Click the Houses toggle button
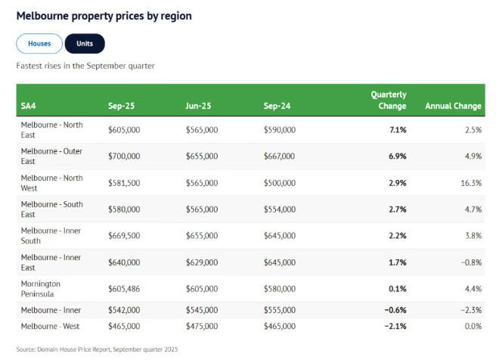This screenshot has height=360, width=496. click(x=39, y=44)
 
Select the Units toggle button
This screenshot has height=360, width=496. click(x=85, y=44)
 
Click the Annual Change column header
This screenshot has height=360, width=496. click(x=453, y=106)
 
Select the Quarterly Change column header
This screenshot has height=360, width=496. click(x=388, y=101)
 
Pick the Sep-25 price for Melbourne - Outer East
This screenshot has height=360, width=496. click(x=124, y=157)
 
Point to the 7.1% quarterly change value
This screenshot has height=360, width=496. click(x=398, y=130)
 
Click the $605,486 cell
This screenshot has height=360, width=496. click(x=125, y=288)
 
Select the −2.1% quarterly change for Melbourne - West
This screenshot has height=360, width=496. click(x=395, y=326)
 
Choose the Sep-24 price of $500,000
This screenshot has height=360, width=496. click(x=280, y=183)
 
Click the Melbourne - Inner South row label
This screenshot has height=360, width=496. click(x=51, y=235)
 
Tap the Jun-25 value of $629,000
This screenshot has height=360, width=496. click(x=202, y=262)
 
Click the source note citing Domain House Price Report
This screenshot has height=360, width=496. click(x=97, y=349)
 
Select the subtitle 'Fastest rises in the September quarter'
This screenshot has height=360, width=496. click(x=85, y=66)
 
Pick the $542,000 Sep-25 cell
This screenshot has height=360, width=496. click(x=124, y=310)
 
